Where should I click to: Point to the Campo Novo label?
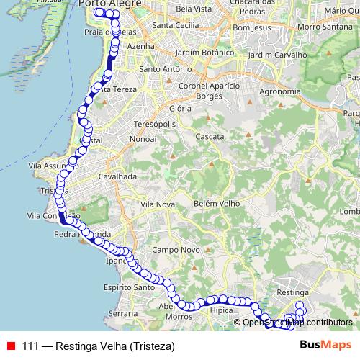[169, 249]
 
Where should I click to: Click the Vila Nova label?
[158, 205]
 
